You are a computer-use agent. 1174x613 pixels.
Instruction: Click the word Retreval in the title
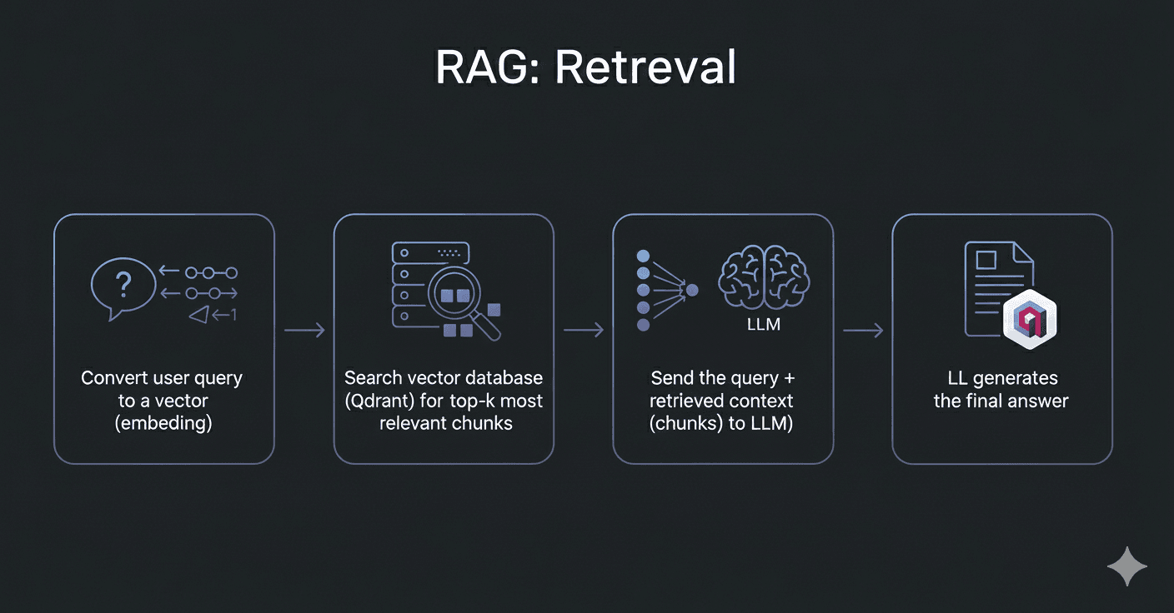(x=645, y=67)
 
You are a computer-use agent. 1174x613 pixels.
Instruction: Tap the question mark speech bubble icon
(x=123, y=287)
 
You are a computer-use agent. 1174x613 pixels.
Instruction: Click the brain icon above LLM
(x=763, y=277)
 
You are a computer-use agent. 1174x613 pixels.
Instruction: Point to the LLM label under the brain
(x=763, y=325)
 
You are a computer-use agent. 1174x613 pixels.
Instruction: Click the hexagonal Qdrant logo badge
(x=1030, y=317)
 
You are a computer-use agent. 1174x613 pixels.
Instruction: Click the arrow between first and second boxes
(x=304, y=331)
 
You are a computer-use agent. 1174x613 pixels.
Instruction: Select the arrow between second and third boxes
(x=584, y=331)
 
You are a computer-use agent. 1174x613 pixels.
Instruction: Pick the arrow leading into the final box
(x=863, y=331)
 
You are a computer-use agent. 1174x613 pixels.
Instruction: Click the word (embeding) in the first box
(x=163, y=423)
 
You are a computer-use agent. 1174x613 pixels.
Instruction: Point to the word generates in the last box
(x=1016, y=378)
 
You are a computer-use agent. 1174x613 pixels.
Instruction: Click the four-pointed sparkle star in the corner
(x=1127, y=566)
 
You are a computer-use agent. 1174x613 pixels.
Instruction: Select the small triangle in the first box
(x=198, y=314)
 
